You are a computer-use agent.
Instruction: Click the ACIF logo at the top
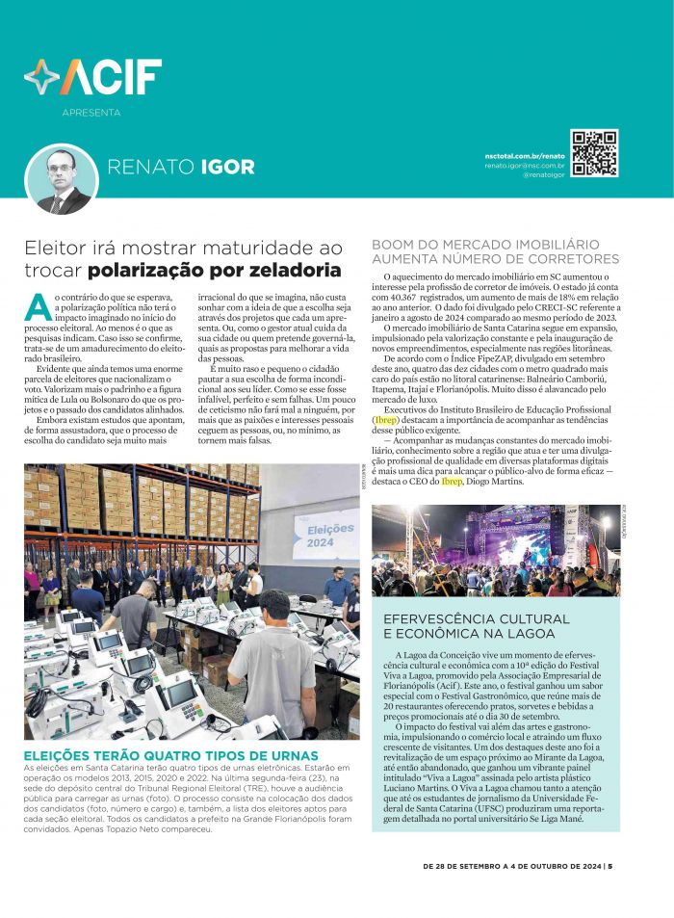[93, 77]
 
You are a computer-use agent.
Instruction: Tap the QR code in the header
[594, 153]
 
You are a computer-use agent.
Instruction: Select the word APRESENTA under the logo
[91, 113]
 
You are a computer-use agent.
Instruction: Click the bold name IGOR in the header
[227, 168]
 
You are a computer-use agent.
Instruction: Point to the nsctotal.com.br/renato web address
[525, 155]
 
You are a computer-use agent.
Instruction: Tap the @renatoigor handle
[544, 175]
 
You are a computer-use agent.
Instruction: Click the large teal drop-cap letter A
[38, 306]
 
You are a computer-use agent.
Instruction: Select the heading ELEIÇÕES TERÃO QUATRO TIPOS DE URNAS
[171, 754]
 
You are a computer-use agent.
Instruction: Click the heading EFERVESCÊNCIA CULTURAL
[469, 618]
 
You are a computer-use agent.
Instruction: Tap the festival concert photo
[496, 550]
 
